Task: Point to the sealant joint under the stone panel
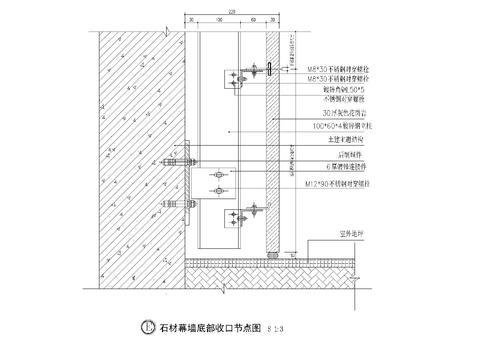(x=271, y=252)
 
